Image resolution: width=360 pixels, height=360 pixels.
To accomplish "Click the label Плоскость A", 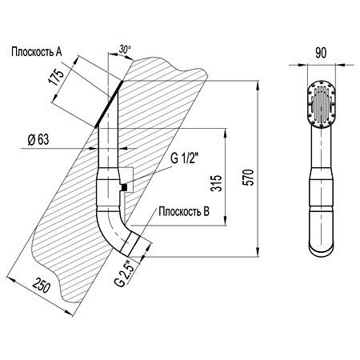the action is tap(37, 52).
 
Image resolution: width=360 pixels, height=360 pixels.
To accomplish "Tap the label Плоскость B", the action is tap(184, 211).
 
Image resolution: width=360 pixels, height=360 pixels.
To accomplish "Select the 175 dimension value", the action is tap(56, 78).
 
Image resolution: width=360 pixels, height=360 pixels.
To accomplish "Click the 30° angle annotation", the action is tap(125, 50).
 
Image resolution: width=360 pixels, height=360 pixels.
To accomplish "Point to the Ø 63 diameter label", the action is tap(38, 139).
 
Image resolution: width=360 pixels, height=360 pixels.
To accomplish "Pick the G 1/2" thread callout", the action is tap(184, 158).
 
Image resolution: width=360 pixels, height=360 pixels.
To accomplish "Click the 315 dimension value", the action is tap(216, 183).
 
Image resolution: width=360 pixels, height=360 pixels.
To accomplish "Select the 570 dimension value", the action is tap(249, 177).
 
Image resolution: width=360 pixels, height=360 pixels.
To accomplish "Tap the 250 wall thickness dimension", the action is tap(42, 286).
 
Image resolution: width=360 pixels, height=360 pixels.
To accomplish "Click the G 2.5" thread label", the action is tap(123, 274).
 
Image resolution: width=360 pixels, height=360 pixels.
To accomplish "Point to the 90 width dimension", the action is tap(321, 53).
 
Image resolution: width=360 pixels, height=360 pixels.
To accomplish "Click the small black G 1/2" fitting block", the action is tap(123, 187).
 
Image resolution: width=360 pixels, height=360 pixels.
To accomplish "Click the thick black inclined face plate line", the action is tap(109, 104).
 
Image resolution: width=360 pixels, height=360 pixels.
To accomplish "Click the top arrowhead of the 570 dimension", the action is tap(258, 86).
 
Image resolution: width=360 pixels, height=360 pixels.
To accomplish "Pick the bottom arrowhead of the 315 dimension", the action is tap(226, 220).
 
